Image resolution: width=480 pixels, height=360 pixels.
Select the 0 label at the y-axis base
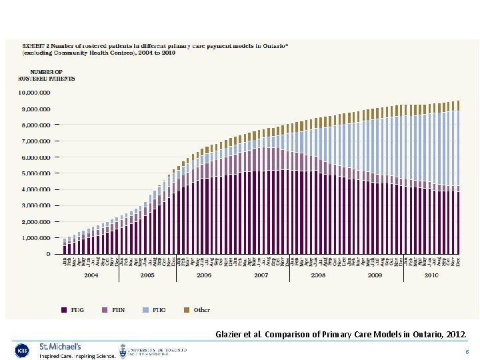(x=47, y=254)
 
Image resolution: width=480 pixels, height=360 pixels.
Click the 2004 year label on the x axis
(x=91, y=275)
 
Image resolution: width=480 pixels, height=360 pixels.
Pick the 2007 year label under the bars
(x=261, y=275)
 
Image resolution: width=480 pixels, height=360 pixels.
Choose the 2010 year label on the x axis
(x=432, y=275)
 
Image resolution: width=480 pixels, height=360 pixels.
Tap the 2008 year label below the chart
(x=318, y=275)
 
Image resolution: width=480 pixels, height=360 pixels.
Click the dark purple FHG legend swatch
(x=64, y=309)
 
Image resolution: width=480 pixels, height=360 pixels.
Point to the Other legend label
(x=201, y=309)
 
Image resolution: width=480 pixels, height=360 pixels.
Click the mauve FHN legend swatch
(x=105, y=309)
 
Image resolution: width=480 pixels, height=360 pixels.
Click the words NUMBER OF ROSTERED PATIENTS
(x=46, y=75)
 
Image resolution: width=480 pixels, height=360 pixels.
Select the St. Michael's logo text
(x=60, y=347)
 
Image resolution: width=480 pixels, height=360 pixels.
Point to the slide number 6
(x=467, y=351)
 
